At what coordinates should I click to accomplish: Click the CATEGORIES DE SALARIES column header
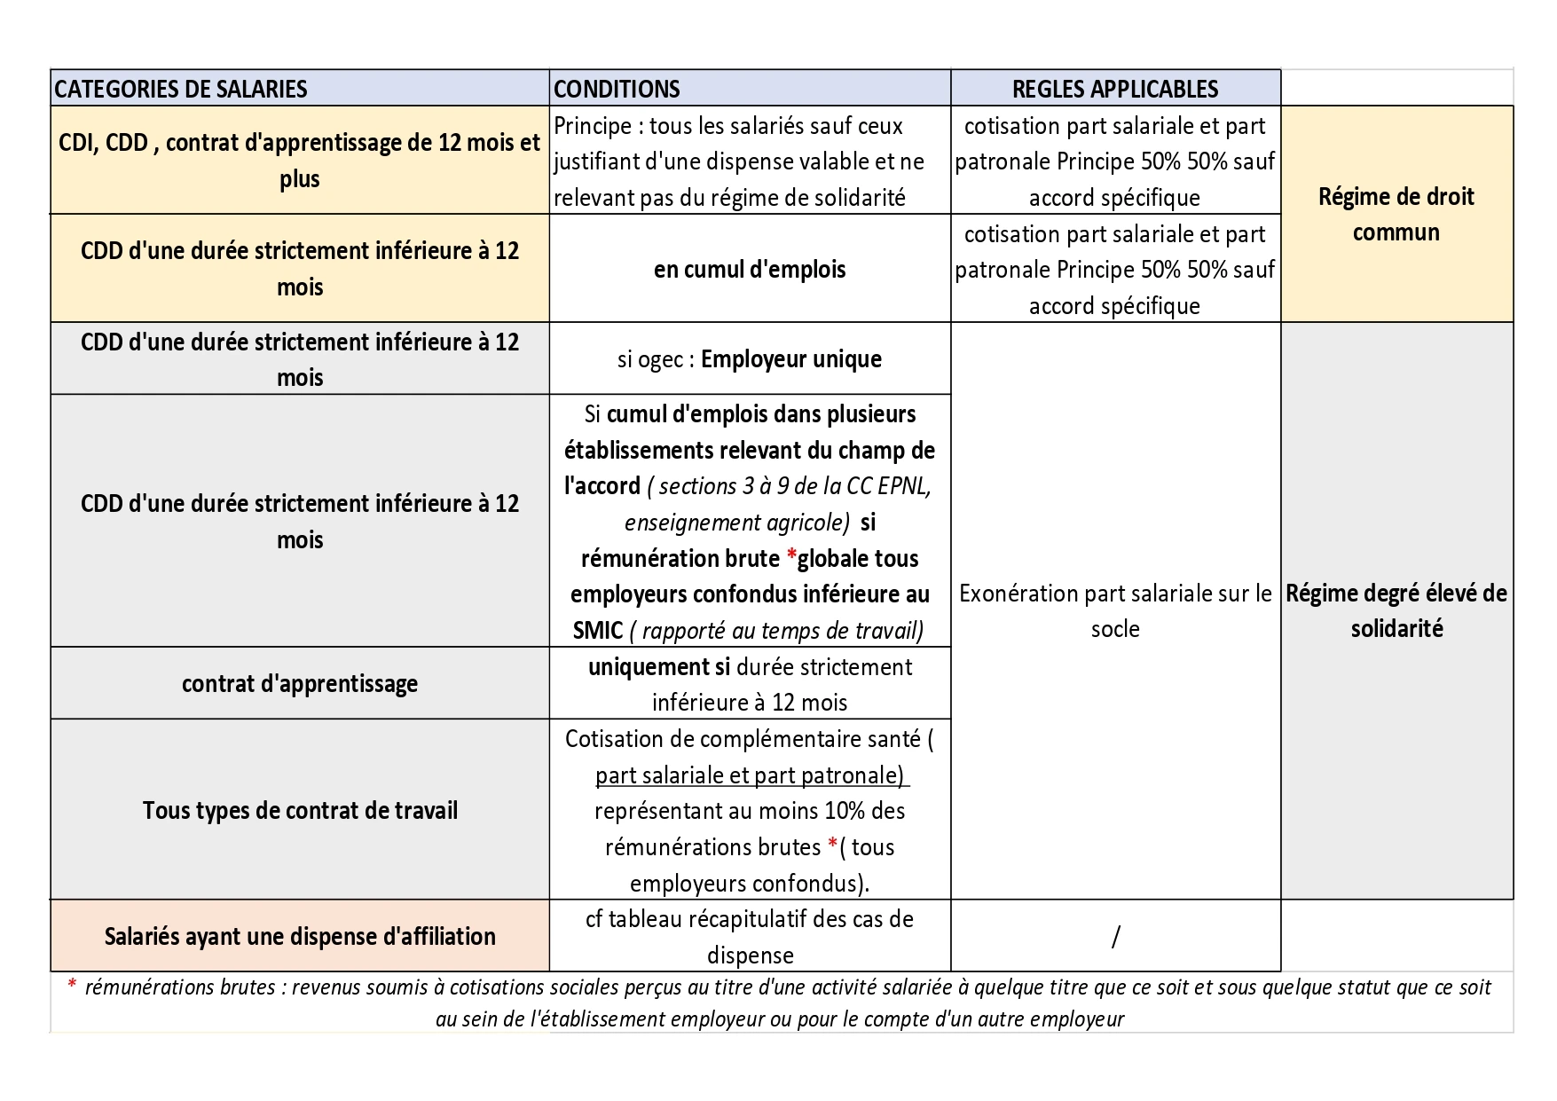click(181, 89)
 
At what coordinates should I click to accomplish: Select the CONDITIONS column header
click(617, 89)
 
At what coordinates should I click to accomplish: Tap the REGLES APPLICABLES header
click(1115, 89)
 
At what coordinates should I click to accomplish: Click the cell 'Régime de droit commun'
click(1396, 214)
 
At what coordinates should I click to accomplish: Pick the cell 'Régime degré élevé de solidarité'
click(1396, 610)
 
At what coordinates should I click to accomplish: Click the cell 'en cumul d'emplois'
click(750, 269)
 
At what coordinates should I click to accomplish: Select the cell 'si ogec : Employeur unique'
click(750, 359)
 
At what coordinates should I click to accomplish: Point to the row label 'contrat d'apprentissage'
click(300, 683)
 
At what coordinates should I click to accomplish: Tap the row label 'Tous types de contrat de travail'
click(300, 810)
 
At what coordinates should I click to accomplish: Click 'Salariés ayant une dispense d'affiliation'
click(300, 936)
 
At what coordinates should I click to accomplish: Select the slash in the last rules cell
click(1115, 936)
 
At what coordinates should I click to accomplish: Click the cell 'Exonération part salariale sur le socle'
click(1115, 610)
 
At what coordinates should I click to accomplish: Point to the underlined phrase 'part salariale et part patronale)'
click(751, 775)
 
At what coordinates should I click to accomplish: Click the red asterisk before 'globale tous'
click(790, 558)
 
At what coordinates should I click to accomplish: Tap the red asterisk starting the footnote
click(72, 986)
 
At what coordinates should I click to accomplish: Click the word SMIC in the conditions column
click(598, 631)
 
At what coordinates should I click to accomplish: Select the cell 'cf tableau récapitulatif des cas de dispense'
click(750, 936)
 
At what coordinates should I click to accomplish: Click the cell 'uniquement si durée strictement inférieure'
click(750, 684)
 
